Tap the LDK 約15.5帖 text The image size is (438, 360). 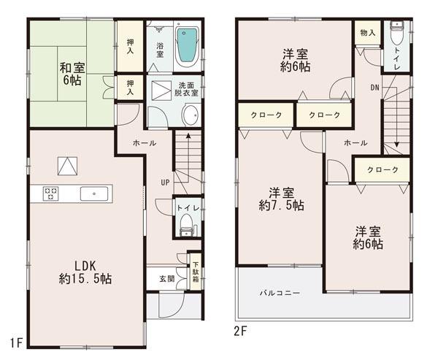pyautogui.click(x=86, y=271)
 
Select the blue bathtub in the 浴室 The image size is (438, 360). pyautogui.click(x=188, y=45)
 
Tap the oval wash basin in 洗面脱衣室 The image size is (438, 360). pyautogui.click(x=190, y=117)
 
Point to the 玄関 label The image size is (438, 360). pyautogui.click(x=166, y=279)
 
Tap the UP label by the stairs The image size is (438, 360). pyautogui.click(x=166, y=182)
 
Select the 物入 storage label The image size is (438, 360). pyautogui.click(x=367, y=32)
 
